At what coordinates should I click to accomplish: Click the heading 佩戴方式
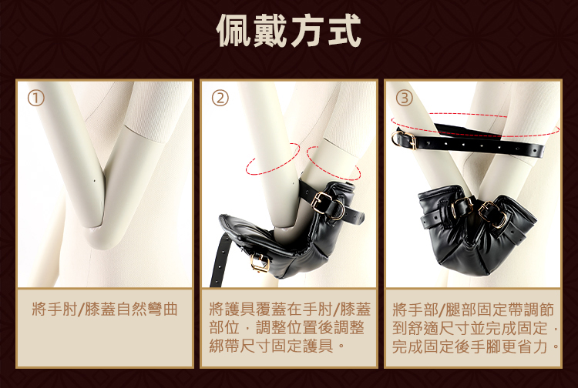pos(288,31)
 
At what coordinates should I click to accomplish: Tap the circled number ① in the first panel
pos(35,99)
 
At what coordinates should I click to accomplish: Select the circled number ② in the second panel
pos(220,99)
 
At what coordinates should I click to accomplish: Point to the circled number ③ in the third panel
pos(405,99)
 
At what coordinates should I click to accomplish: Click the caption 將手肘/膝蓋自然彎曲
pos(105,309)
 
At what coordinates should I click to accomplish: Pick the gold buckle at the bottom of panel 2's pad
pos(260,263)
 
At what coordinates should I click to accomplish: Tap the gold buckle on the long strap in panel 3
pos(404,139)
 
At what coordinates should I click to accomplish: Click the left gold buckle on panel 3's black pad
pos(462,207)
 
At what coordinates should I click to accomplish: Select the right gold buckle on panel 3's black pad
pos(493,214)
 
